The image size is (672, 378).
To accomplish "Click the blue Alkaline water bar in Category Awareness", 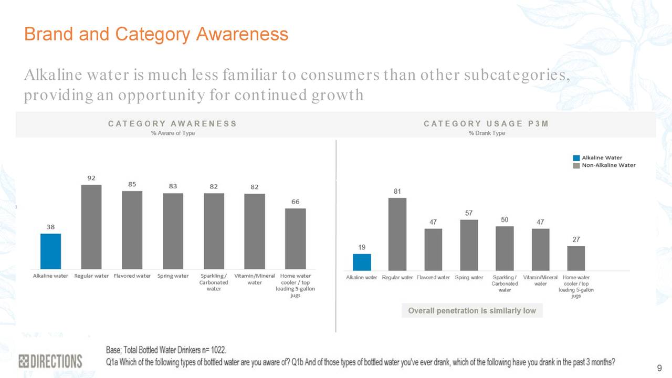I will point(51,251).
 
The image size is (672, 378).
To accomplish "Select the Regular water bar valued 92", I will point(91,226).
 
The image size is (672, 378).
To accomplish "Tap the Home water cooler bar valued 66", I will point(296,238).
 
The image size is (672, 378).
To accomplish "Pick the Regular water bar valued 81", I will point(397,234).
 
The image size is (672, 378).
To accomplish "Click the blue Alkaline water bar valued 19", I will point(362,262).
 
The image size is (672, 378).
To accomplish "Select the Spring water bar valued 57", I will point(469,245).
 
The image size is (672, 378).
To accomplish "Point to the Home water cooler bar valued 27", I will point(576,258).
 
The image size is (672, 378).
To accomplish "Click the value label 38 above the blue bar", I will point(51,227).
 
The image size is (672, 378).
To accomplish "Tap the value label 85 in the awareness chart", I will point(132,184).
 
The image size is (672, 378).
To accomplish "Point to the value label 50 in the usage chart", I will point(505,219).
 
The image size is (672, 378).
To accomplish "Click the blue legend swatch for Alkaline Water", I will point(576,157).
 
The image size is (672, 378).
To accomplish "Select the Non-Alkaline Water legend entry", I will point(608,165).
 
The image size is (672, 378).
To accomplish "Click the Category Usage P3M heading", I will point(486,124).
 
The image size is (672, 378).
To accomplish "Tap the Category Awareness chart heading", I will point(172,124).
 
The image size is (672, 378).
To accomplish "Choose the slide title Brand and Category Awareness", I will point(156,34).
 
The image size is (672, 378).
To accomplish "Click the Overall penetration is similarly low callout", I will point(472,311).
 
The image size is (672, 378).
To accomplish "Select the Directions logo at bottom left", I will point(50,361).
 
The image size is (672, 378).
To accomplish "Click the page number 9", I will point(659,367).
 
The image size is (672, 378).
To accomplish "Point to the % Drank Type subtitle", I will point(487,133).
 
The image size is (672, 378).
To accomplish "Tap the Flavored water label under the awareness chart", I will point(132,276).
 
